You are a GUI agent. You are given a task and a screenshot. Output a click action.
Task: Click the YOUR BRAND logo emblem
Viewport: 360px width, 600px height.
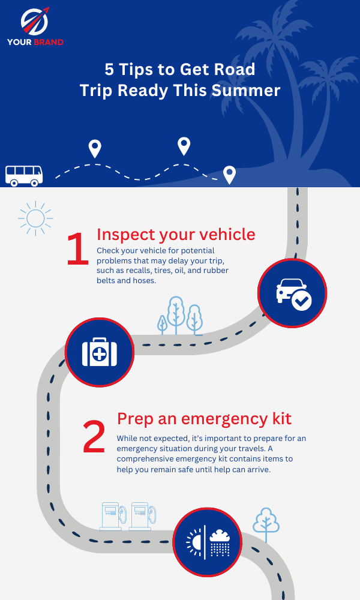[34, 22]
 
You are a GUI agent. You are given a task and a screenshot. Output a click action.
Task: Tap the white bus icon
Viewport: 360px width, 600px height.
[24, 175]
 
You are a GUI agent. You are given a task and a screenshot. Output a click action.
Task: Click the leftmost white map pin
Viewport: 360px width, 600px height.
[95, 148]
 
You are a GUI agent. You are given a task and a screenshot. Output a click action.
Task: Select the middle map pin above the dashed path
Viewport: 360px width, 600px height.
[184, 146]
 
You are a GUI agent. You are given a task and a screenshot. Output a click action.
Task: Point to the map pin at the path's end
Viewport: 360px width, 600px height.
[229, 175]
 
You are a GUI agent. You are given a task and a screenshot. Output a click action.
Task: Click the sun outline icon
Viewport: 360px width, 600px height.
[35, 218]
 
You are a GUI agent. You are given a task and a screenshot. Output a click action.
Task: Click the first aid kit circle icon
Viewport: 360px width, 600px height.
[99, 351]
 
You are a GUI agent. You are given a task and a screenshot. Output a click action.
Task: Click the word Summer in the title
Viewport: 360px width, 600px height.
[253, 91]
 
